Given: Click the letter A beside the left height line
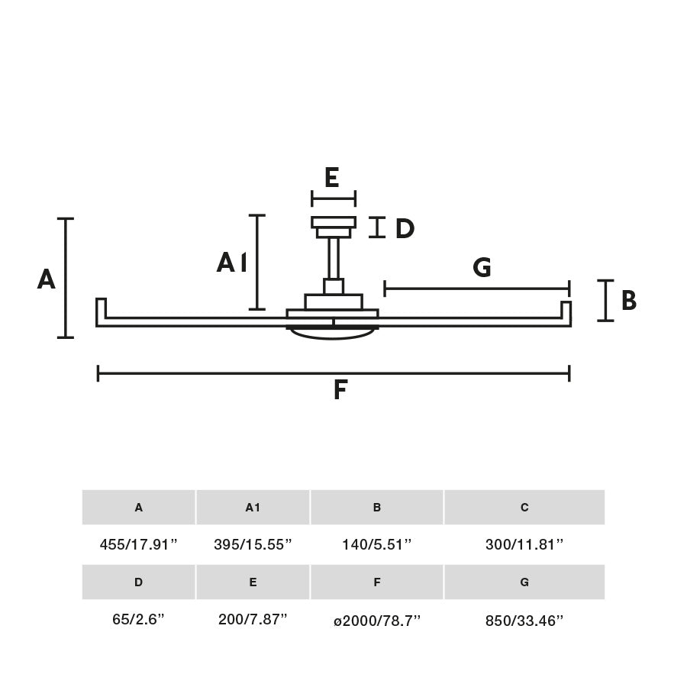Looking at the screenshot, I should [47, 279].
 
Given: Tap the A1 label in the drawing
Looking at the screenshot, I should [231, 263].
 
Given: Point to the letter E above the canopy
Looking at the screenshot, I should [331, 178].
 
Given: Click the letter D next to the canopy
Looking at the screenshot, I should [404, 228].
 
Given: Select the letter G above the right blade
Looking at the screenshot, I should [482, 268].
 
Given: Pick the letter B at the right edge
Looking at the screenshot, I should [628, 301].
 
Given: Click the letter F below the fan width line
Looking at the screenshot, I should [340, 391].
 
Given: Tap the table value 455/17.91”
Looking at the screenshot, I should [138, 544].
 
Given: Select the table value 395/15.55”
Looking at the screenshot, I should [253, 544].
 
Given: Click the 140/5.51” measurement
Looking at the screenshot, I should [377, 544].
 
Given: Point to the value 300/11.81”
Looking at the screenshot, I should [524, 544].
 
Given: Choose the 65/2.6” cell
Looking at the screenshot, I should [138, 619].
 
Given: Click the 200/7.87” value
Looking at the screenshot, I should [253, 619].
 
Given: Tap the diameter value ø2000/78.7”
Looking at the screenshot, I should [377, 620].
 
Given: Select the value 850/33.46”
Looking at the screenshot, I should [524, 620].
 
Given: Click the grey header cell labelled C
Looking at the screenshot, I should [524, 508].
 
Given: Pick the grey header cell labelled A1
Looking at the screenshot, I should [253, 508].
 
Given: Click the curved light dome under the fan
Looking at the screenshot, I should [333, 334].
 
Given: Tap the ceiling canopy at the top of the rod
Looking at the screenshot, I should [334, 223].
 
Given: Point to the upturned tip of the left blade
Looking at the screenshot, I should [101, 308].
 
